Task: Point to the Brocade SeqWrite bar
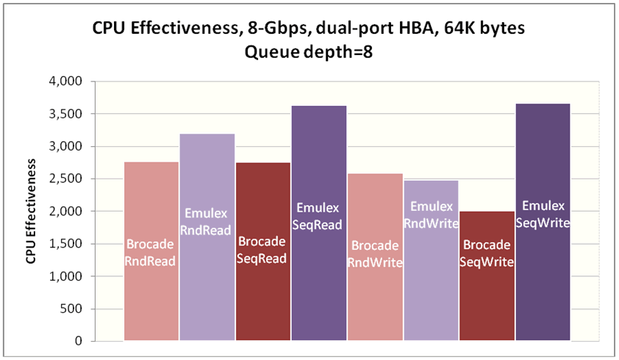pos(487,301)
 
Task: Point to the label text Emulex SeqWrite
pos(543,212)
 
